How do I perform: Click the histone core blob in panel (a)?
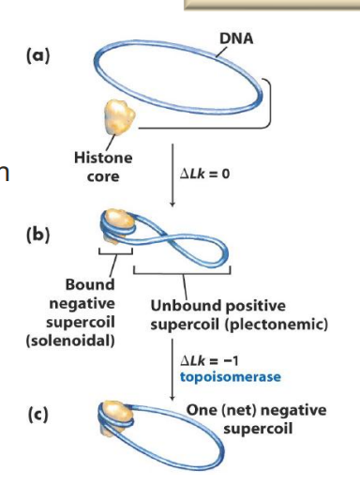tap(115, 118)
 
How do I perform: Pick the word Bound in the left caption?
tap(90, 284)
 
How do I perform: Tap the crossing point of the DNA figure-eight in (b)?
tap(165, 232)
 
